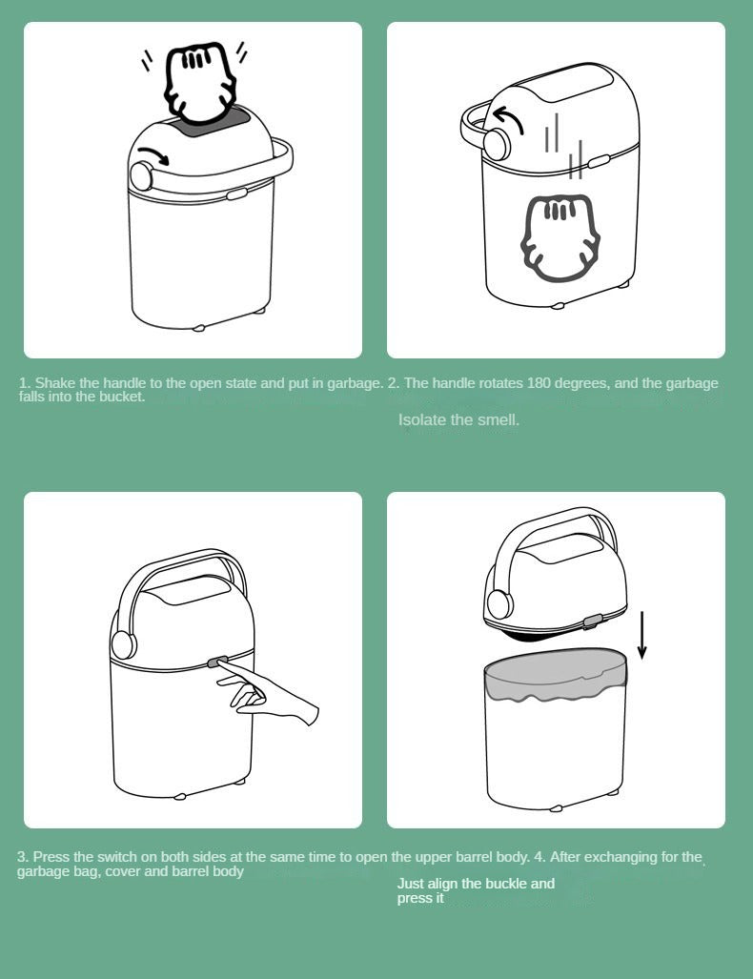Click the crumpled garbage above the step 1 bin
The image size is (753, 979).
coord(201,83)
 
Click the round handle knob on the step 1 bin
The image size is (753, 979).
coord(142,176)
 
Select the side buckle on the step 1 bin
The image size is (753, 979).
coord(237,193)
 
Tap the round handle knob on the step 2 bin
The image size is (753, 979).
coord(495,144)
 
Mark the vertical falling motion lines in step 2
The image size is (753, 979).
coord(562,148)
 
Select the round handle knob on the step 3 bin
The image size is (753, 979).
coord(121,644)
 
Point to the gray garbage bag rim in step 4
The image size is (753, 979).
coord(557,685)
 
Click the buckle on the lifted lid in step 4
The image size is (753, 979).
coord(592,621)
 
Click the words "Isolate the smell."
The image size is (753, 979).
coord(458,419)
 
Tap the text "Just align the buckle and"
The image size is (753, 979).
coord(476,884)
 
